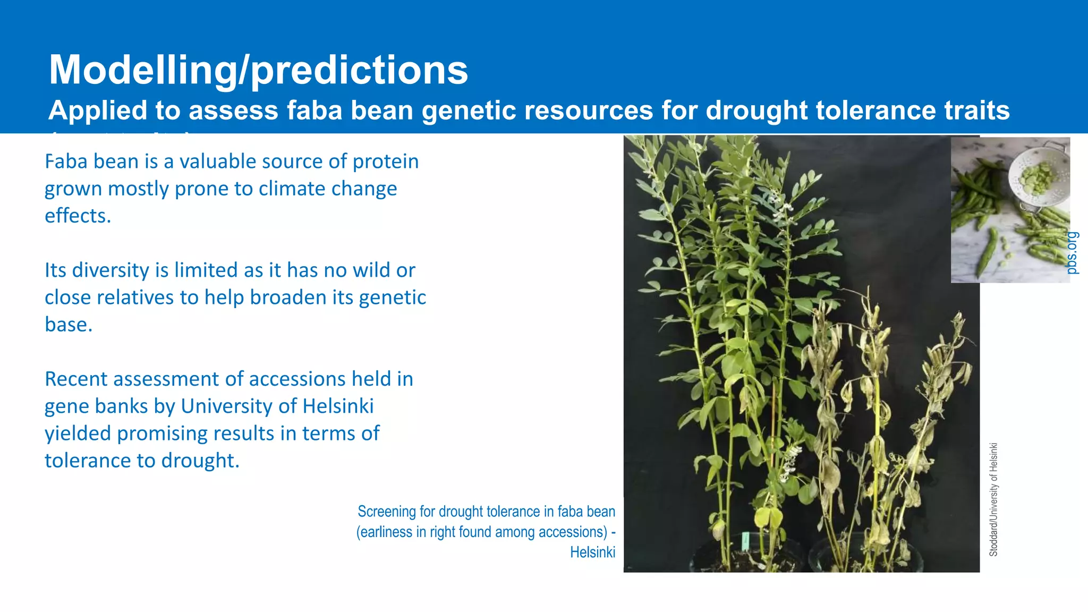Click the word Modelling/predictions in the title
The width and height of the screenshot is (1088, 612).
pyautogui.click(x=258, y=70)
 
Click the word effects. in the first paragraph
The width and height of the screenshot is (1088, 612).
pyautogui.click(x=78, y=216)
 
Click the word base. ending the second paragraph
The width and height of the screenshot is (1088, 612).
pyautogui.click(x=69, y=325)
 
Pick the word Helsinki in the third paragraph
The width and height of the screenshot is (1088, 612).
pyautogui.click(x=338, y=406)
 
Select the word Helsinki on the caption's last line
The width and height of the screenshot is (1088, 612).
pyautogui.click(x=592, y=552)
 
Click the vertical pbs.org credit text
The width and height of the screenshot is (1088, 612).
pyautogui.click(x=1072, y=253)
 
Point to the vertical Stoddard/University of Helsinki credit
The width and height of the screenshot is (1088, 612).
pyautogui.click(x=993, y=499)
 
